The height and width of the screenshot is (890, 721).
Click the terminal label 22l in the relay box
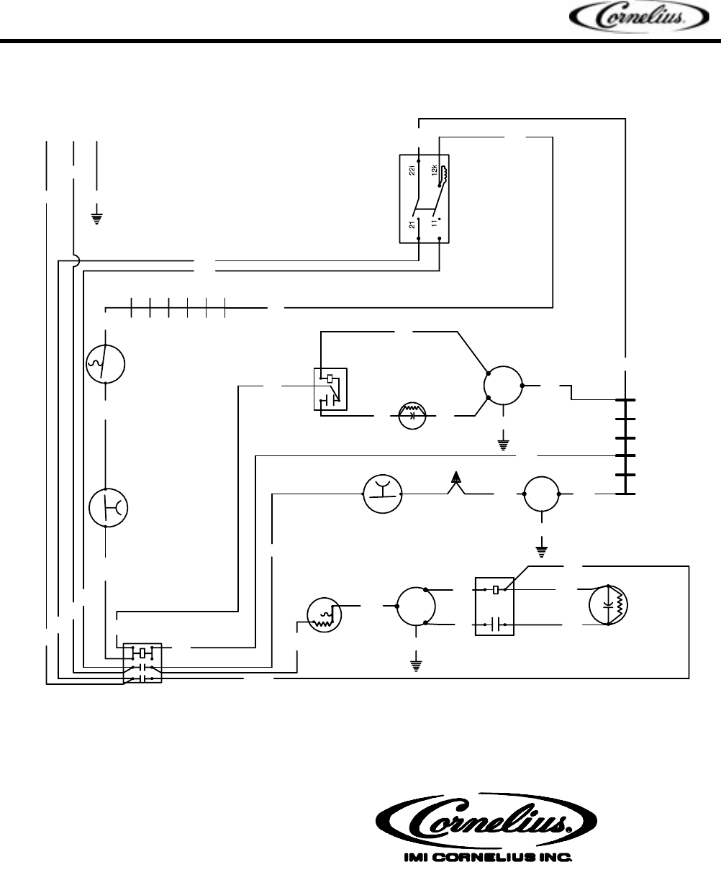[x=412, y=171]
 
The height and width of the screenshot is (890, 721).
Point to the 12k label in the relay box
[x=434, y=171]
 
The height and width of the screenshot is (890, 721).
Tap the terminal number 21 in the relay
[x=412, y=225]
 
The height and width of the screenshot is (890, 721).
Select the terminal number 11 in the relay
[x=434, y=224]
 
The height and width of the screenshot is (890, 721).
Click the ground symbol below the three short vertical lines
[x=97, y=216]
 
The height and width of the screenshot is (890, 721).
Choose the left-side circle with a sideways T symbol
[x=108, y=508]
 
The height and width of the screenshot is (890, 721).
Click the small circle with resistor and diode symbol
[x=413, y=416]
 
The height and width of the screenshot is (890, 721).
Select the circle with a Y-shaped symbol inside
[x=382, y=494]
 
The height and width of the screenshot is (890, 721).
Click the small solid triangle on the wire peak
[x=455, y=476]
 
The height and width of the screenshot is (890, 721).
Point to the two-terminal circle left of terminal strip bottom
[x=541, y=494]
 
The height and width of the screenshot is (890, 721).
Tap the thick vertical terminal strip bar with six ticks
[x=626, y=446]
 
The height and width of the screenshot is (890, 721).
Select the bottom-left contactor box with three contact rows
[x=142, y=662]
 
